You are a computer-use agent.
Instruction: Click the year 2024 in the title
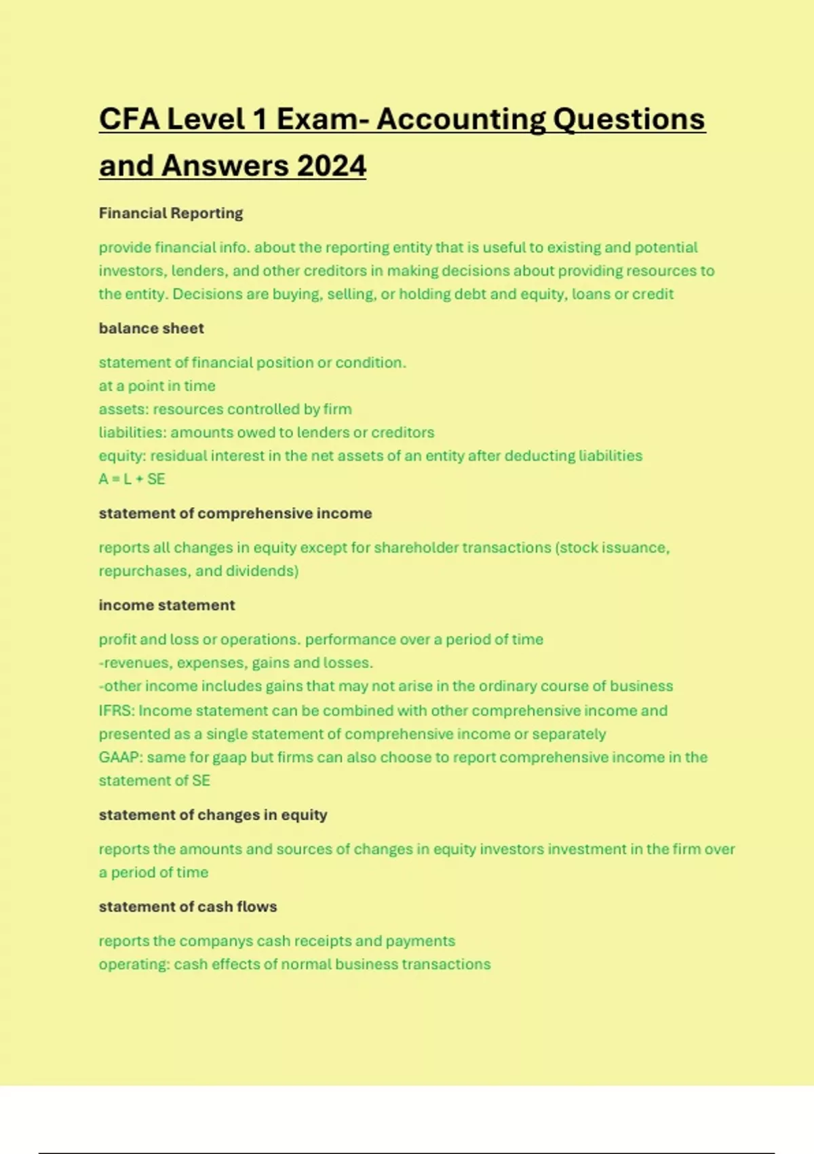(332, 166)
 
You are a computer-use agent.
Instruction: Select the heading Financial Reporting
(171, 213)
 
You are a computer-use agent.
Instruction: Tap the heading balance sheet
(151, 329)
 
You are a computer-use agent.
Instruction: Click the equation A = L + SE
(132, 479)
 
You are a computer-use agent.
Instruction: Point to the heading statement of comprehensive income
(235, 513)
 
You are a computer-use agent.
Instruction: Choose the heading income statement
(167, 606)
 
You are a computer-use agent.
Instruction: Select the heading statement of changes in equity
(213, 815)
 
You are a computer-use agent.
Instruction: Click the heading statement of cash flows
(188, 907)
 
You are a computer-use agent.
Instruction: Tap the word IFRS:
(117, 711)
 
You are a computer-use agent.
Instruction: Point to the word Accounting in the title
(461, 119)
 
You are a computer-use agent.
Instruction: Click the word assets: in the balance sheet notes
(123, 409)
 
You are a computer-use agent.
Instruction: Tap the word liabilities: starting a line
(132, 432)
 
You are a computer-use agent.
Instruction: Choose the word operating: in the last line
(134, 965)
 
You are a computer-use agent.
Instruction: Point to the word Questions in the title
(629, 119)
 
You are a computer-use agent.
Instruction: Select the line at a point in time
(157, 386)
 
